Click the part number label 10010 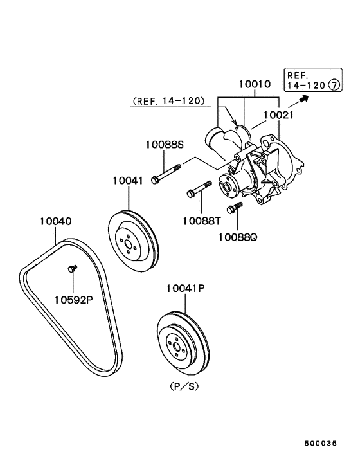[x=255, y=84]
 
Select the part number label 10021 [x=278, y=115]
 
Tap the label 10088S [x=165, y=144]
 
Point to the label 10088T [x=201, y=221]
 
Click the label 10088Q [x=238, y=237]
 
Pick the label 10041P [x=186, y=288]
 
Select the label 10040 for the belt [x=55, y=221]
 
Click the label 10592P [x=74, y=300]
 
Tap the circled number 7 [x=334, y=85]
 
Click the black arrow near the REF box [x=298, y=102]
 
